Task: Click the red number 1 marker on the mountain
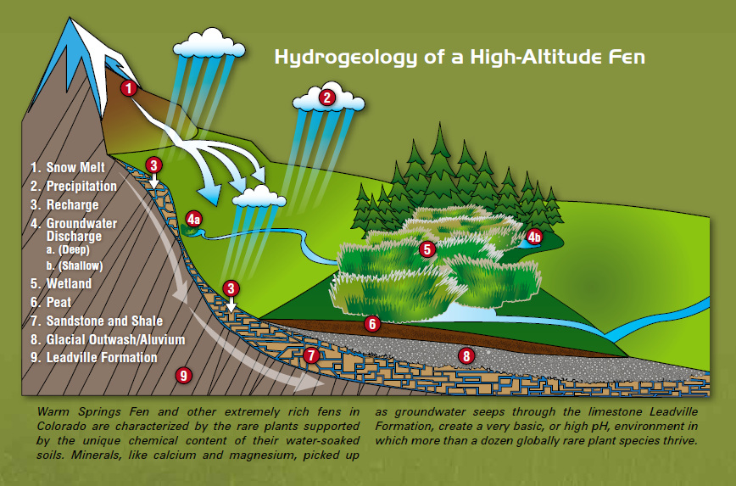pos(128,87)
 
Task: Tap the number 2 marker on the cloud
pos(326,98)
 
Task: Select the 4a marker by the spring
pos(193,220)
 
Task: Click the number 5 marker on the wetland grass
pos(427,249)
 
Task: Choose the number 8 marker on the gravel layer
pos(464,355)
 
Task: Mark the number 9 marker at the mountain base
pos(181,375)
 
